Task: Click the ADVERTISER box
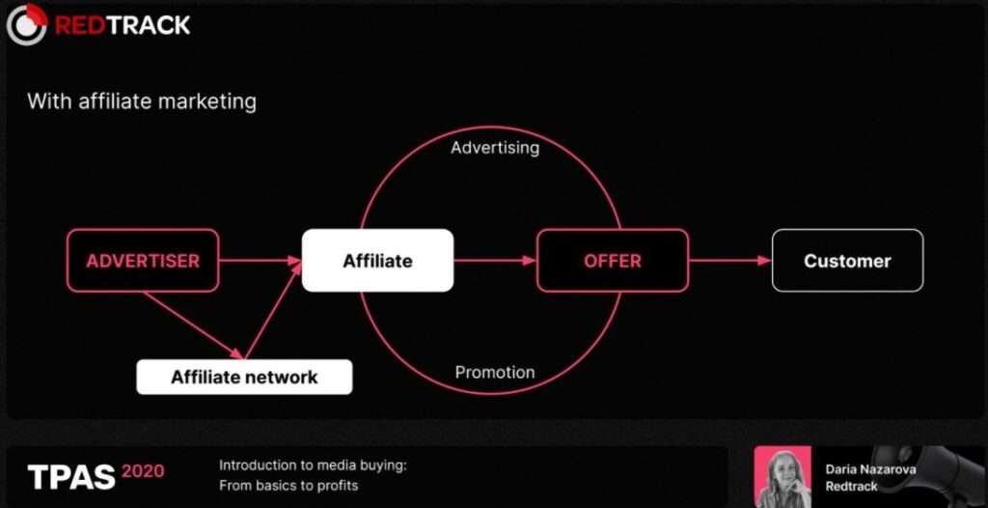[143, 261]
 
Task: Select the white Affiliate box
[377, 261]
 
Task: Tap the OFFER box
[613, 261]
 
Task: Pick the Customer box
[847, 261]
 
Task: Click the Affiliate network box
[244, 378]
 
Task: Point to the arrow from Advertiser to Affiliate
[261, 260]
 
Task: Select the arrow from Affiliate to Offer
[495, 260]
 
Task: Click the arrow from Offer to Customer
[730, 260]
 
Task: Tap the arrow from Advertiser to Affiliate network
[193, 325]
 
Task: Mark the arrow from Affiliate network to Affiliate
[273, 310]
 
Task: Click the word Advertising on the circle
[495, 148]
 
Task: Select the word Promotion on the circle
[495, 373]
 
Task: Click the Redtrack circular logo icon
[26, 24]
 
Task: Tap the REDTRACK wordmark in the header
[123, 25]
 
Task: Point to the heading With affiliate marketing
[142, 101]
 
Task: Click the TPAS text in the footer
[71, 476]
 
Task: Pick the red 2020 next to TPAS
[143, 470]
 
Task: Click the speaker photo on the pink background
[782, 477]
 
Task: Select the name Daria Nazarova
[871, 469]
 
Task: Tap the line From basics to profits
[288, 485]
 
